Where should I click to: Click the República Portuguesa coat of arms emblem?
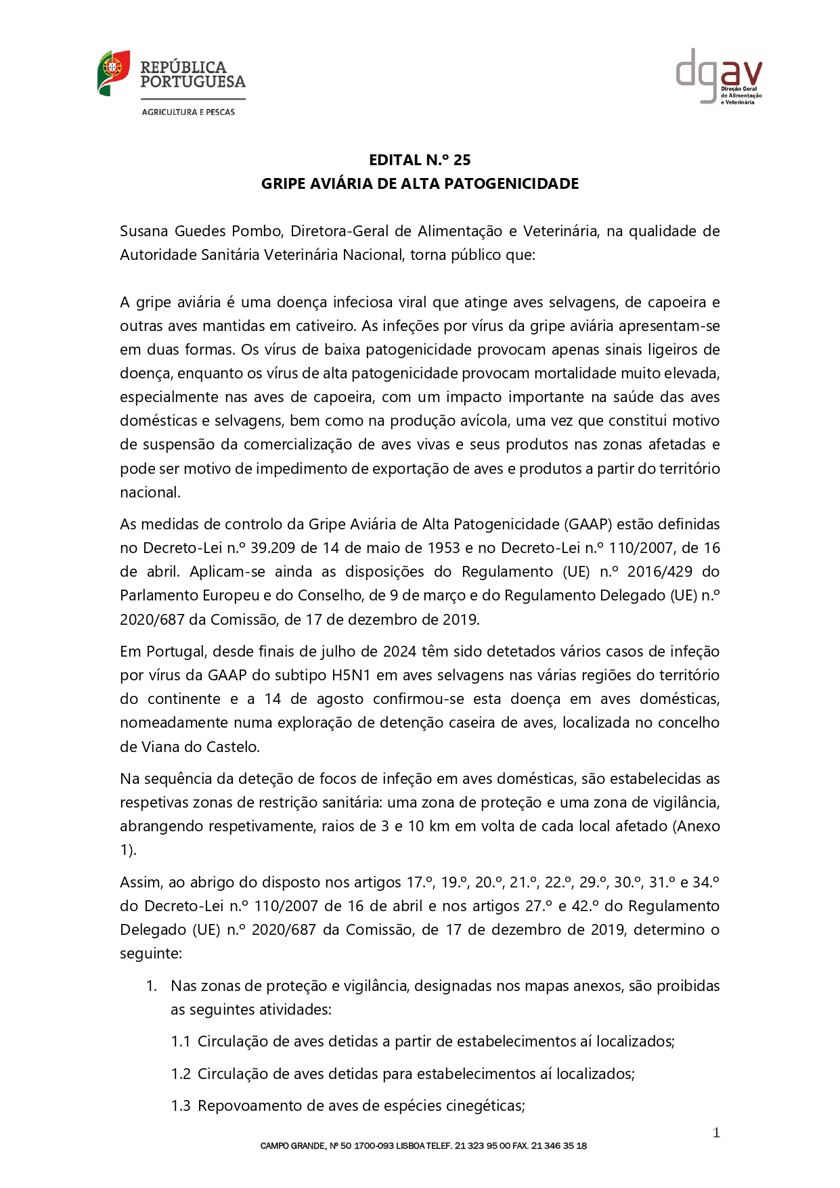(113, 72)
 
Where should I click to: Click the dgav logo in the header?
(719, 75)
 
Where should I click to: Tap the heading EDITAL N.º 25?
(420, 160)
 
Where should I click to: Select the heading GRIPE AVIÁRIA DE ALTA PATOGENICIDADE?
(420, 184)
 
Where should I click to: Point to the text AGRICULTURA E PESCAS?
(188, 112)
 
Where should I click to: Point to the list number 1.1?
(181, 1042)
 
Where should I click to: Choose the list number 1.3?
(181, 1106)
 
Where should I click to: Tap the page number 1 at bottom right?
(716, 1133)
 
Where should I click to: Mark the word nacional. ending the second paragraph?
(150, 493)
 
